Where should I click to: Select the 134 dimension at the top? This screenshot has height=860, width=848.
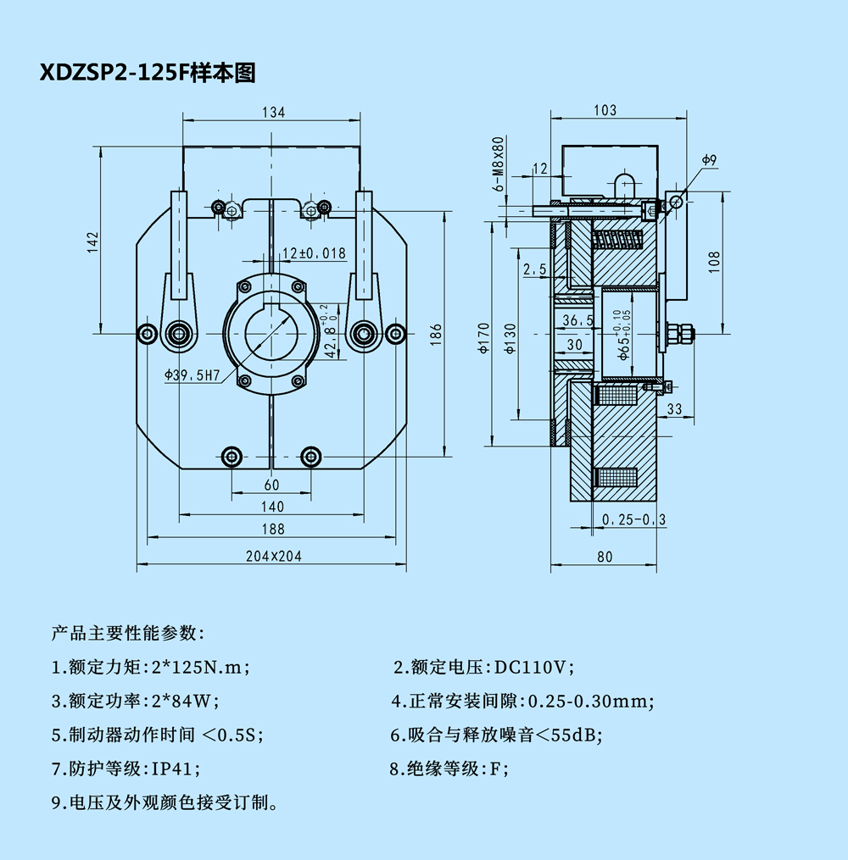point(273,112)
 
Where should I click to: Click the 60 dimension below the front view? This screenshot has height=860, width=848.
point(271,485)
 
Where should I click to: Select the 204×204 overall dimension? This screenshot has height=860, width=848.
point(273,556)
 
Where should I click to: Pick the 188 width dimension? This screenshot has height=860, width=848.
point(273,530)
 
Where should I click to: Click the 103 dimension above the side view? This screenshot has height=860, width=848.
point(605,110)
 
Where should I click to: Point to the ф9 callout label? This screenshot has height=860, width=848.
point(710,159)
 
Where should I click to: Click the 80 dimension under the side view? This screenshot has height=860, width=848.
point(604,557)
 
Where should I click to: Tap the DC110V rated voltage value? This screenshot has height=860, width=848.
point(534,667)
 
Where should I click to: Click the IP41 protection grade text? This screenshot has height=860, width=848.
point(176,768)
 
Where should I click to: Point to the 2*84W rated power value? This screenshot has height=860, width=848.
point(185,701)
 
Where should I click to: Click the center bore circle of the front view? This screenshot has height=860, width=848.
point(271,333)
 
